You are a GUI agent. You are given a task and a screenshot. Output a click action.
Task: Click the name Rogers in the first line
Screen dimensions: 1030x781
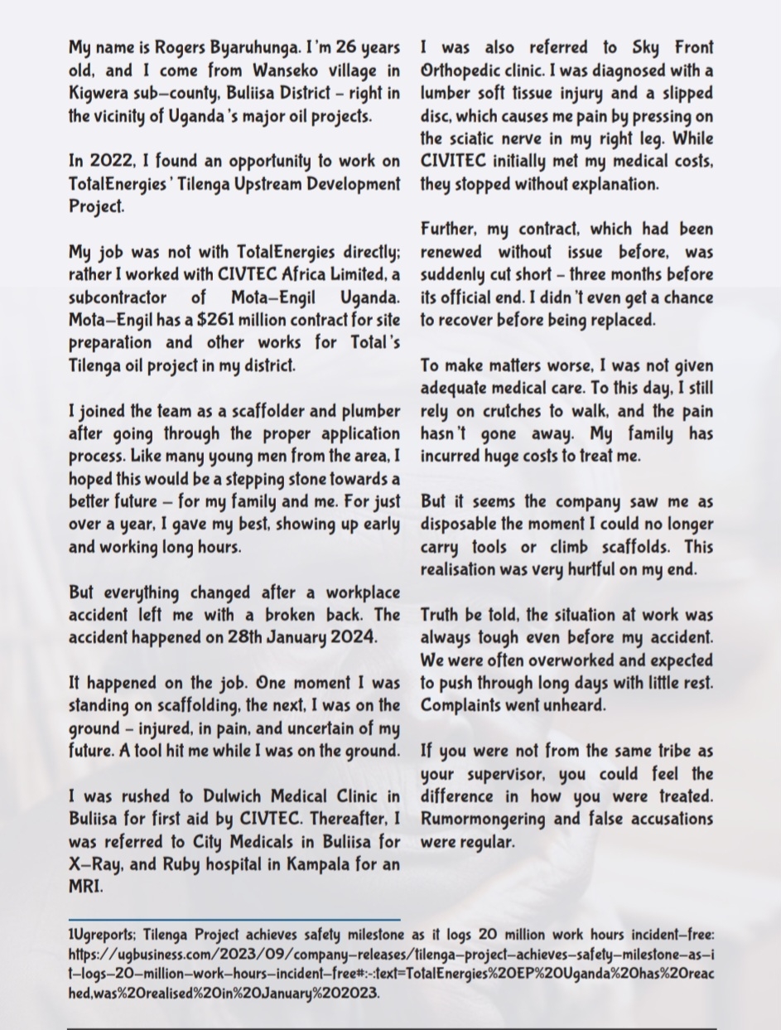point(174,48)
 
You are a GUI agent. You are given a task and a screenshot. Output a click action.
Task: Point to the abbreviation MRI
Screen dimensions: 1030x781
point(84,887)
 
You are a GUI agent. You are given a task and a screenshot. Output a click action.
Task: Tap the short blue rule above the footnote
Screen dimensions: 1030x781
point(234,919)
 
